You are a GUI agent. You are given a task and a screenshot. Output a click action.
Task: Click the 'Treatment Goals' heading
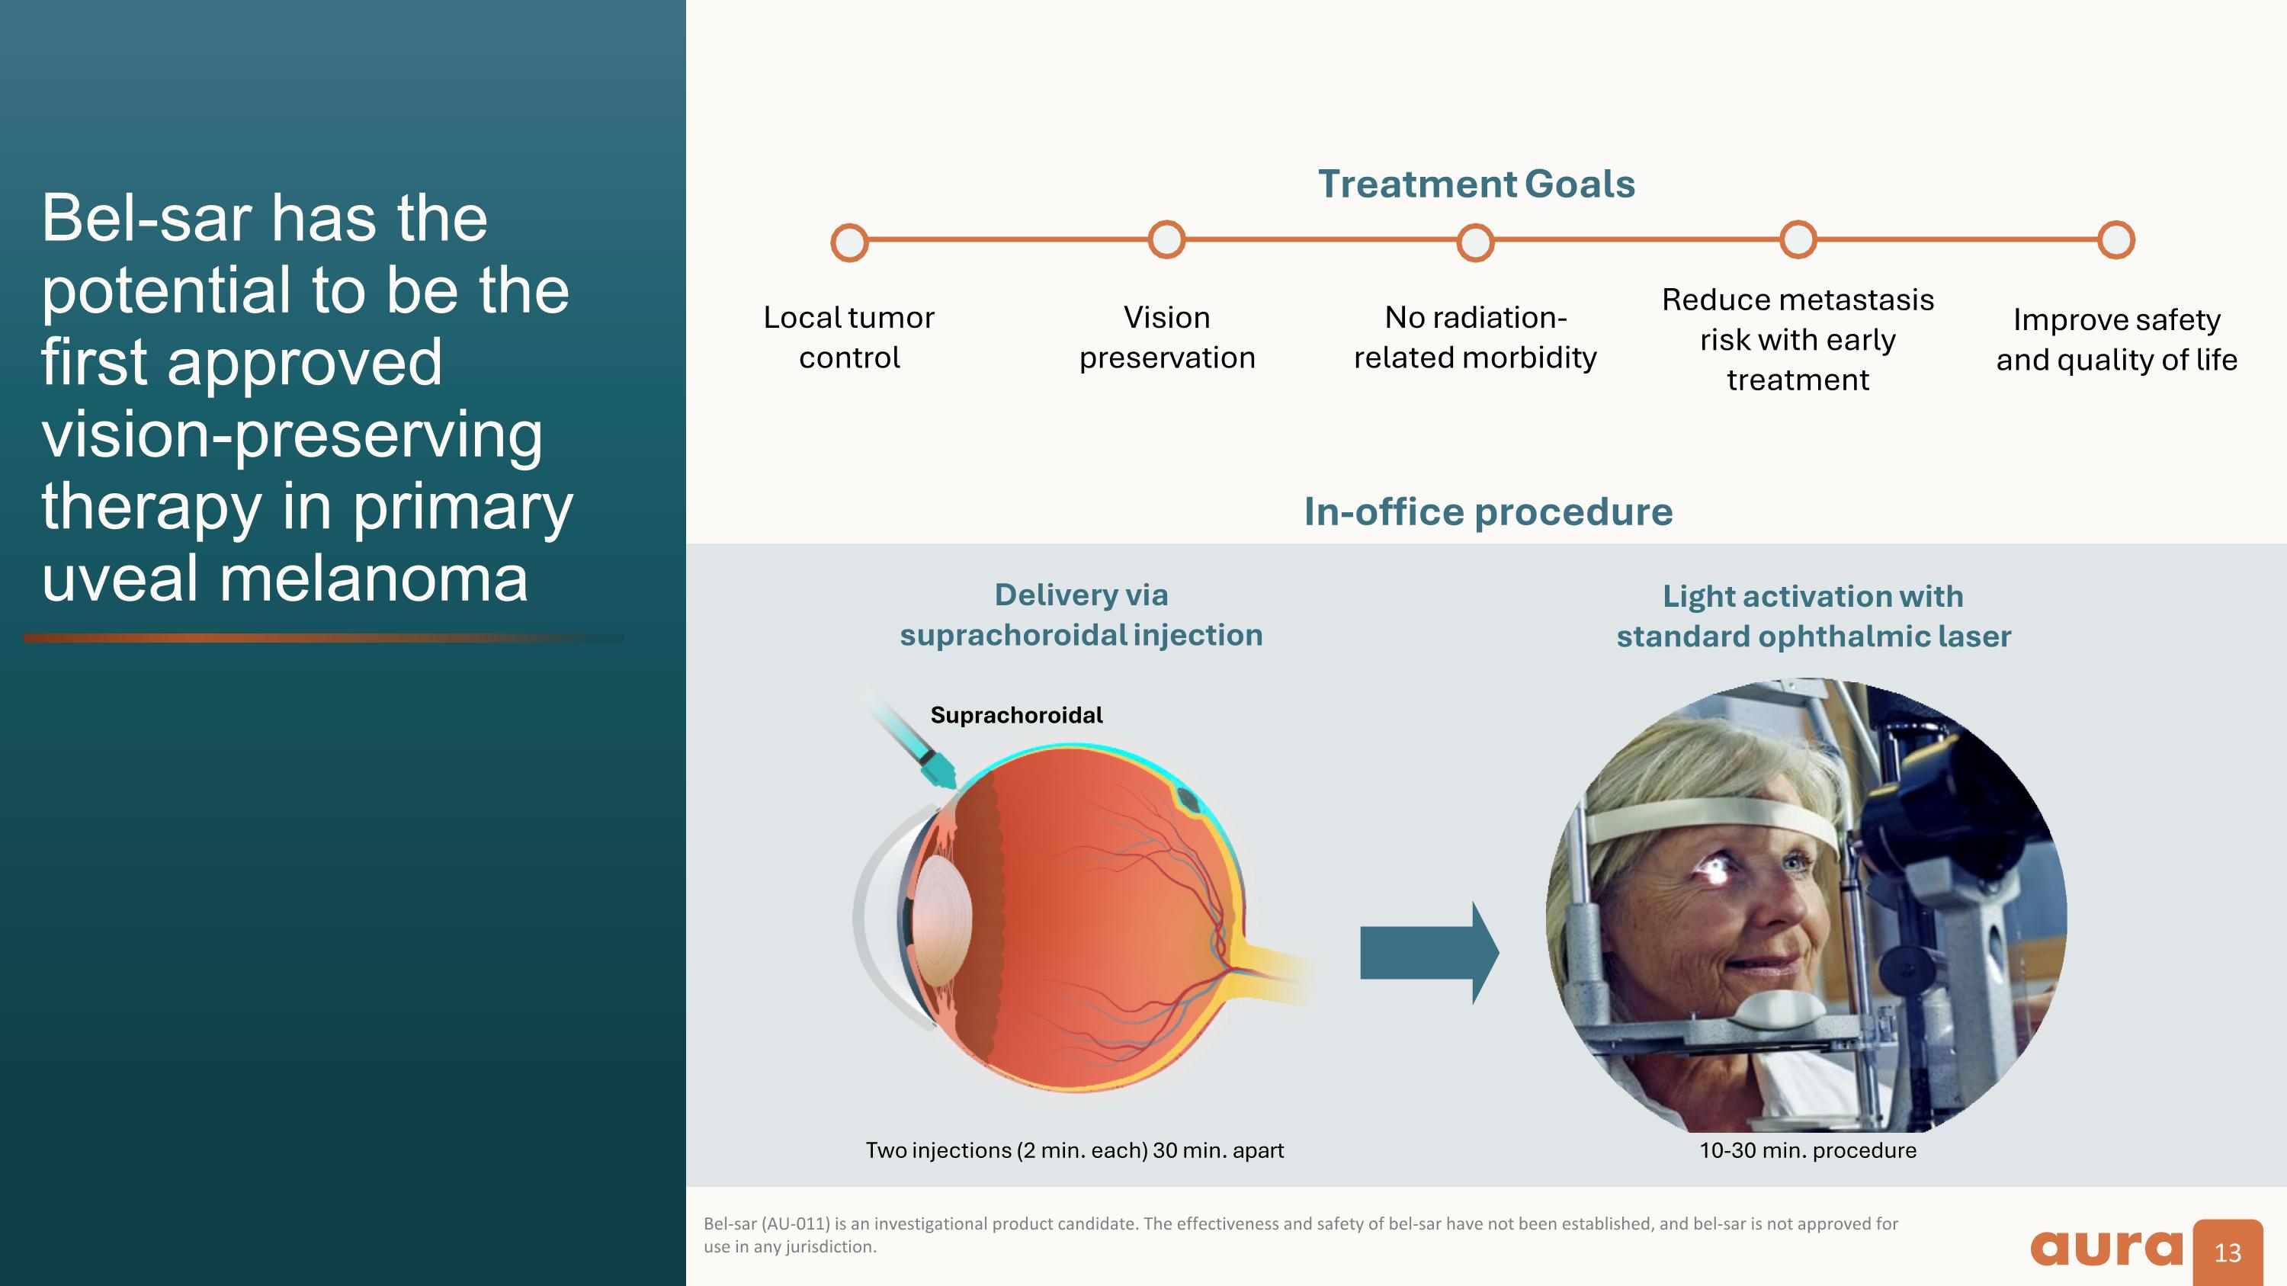coord(1476,184)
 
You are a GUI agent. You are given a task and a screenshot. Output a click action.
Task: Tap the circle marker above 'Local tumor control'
coord(848,242)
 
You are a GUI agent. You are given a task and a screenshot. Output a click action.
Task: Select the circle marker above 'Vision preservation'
coord(1166,239)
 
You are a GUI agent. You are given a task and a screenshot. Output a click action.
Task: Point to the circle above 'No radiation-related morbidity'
coord(1474,242)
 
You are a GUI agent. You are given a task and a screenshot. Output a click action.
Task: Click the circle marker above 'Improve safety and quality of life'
coord(2115,239)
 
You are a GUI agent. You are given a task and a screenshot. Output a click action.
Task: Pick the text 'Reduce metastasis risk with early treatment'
coord(1797,339)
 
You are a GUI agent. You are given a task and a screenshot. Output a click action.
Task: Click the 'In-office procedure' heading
coord(1488,512)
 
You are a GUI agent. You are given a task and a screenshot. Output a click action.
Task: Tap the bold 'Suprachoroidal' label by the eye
coord(1015,715)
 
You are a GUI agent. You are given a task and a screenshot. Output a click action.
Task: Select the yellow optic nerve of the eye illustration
coord(1269,973)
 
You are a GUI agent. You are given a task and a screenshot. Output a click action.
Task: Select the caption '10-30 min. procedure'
coord(1807,1150)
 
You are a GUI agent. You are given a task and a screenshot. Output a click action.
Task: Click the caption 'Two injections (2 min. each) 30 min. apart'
coord(1074,1150)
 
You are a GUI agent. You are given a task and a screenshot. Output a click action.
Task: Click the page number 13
coord(2227,1253)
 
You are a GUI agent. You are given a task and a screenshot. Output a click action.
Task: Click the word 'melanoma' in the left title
coord(373,579)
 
